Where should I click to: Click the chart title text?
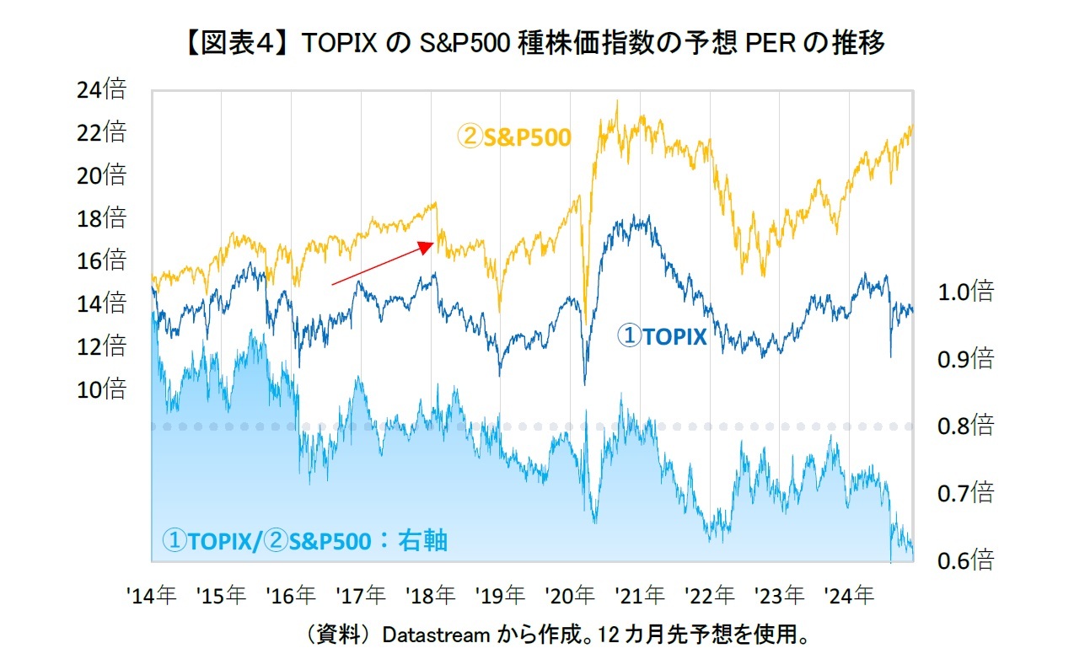click(536, 42)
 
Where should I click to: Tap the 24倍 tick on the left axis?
click(101, 89)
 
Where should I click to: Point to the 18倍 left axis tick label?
click(101, 218)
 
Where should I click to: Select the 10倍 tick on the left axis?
click(101, 389)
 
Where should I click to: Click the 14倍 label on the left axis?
click(101, 303)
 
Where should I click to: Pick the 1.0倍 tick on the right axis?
click(965, 292)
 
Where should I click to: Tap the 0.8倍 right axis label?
click(965, 426)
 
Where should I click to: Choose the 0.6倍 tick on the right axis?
click(965, 560)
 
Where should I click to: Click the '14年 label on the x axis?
click(152, 596)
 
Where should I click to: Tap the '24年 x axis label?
click(849, 596)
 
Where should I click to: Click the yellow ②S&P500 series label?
click(514, 137)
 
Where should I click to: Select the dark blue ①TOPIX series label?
click(662, 337)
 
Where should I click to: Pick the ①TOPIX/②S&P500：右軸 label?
click(304, 540)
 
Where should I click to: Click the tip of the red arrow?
click(433, 243)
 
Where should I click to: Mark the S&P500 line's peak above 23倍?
click(617, 101)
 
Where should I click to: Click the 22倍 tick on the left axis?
click(101, 132)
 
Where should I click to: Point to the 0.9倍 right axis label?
click(965, 360)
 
